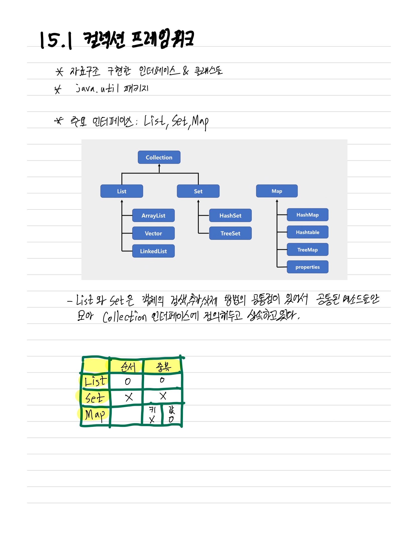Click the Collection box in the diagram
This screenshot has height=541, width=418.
click(x=159, y=157)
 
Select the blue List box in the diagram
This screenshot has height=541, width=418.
click(x=122, y=191)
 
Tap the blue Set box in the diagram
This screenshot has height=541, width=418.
click(x=198, y=191)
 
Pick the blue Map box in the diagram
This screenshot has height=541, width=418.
click(x=277, y=191)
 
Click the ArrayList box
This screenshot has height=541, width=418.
click(x=153, y=215)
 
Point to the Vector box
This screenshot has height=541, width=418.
click(x=153, y=233)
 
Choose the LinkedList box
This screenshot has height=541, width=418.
click(x=153, y=251)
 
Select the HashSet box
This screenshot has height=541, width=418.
click(x=230, y=215)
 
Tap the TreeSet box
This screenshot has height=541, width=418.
click(x=230, y=233)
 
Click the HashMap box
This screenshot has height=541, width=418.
click(x=307, y=215)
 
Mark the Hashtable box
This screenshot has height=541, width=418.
click(x=307, y=232)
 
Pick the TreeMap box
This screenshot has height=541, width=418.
click(x=307, y=250)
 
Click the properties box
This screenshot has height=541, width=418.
click(x=307, y=267)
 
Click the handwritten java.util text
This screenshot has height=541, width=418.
click(x=97, y=89)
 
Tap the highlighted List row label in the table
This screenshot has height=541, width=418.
click(x=95, y=381)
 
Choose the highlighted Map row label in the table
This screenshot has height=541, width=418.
click(x=95, y=414)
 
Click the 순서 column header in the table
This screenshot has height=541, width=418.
click(x=128, y=367)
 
